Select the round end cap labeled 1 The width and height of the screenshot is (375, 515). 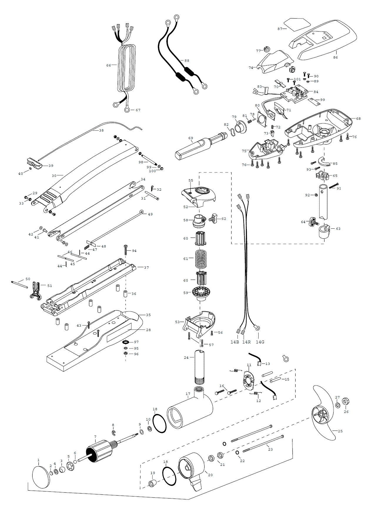click(41, 477)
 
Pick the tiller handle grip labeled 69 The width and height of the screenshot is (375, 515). click(194, 147)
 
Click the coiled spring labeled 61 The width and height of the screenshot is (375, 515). click(201, 259)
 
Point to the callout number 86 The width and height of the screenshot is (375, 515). click(335, 57)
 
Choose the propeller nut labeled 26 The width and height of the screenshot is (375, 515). click(346, 401)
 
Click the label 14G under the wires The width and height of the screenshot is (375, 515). click(260, 342)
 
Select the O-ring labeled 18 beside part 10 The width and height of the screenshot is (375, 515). click(160, 423)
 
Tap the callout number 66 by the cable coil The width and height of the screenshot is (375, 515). click(109, 65)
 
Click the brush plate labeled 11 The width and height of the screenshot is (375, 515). click(248, 381)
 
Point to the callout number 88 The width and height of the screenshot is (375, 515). click(187, 61)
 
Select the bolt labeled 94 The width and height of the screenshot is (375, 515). click(126, 250)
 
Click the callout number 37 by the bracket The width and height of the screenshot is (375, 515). click(146, 268)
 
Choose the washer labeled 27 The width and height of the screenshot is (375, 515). click(338, 406)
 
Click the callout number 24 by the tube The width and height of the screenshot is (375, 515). click(186, 358)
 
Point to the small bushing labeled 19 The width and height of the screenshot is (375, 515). click(152, 483)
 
